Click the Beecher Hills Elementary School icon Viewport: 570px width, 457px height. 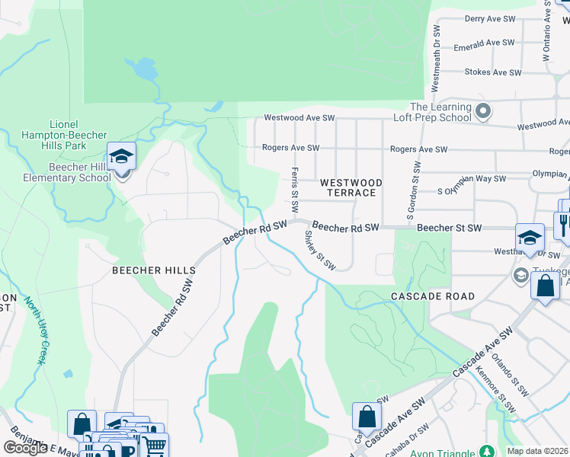[x=121, y=158]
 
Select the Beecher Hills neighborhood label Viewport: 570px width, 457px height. [x=154, y=270]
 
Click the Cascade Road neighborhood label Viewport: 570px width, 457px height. [x=433, y=296]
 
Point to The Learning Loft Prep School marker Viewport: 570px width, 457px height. [x=483, y=113]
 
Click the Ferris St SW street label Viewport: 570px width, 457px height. [x=295, y=190]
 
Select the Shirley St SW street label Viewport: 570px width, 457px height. [x=321, y=251]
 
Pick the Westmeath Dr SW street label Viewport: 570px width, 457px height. [x=437, y=58]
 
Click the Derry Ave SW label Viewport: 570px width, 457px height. [x=492, y=18]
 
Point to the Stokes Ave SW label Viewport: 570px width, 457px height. [x=495, y=72]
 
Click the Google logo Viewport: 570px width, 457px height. [x=25, y=448]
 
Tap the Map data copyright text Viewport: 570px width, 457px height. [x=538, y=451]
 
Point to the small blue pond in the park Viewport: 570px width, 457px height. [x=142, y=69]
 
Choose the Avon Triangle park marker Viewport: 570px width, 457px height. [x=483, y=451]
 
